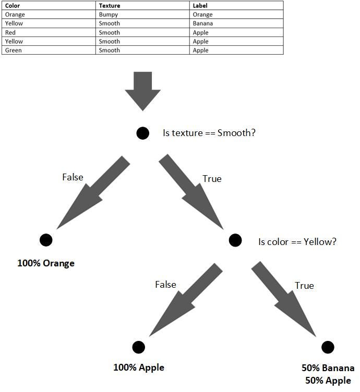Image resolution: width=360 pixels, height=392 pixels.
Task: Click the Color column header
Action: coord(13,6)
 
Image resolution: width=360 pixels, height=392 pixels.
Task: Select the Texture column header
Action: coord(109,6)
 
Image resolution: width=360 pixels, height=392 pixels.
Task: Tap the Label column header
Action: coord(200,6)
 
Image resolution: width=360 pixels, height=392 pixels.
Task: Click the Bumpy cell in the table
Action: coord(108,15)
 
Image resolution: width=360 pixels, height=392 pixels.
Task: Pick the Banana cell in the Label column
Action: coord(202,23)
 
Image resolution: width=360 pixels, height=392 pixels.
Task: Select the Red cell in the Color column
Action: coord(10,32)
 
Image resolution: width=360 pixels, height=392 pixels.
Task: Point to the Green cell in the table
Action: coord(12,51)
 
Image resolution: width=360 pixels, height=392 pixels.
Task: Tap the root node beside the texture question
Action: coord(143,133)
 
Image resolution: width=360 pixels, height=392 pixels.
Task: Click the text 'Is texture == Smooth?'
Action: coord(209,133)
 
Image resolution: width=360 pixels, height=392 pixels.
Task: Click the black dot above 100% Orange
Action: coord(46,240)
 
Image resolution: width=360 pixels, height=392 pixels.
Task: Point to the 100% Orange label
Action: coord(46,263)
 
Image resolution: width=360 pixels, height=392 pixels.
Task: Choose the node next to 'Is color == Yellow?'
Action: coord(235,240)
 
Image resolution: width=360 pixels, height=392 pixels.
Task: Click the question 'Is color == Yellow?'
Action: coord(297,242)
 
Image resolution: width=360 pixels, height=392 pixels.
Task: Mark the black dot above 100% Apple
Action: coord(138,347)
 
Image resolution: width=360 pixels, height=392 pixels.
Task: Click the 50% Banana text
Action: coord(328,368)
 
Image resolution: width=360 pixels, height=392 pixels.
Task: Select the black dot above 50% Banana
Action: coord(328,347)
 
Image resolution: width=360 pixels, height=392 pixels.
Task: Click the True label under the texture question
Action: coord(212,179)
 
